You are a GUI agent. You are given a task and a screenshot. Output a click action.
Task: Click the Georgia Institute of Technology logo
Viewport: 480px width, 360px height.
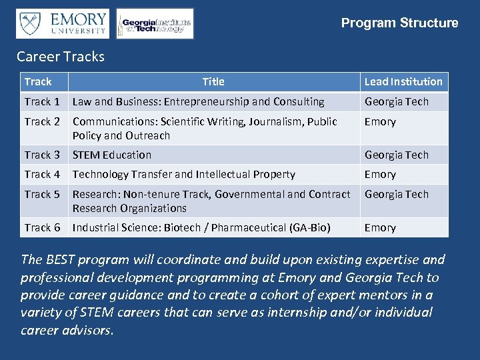click(x=155, y=24)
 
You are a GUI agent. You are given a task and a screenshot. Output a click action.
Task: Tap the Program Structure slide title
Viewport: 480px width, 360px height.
click(x=399, y=23)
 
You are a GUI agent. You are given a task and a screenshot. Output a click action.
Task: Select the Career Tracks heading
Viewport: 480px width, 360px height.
click(x=61, y=57)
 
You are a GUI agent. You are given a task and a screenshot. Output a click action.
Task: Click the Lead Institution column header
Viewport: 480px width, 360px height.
click(x=403, y=81)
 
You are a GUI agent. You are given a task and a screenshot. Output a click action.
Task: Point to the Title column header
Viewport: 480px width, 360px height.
click(x=213, y=81)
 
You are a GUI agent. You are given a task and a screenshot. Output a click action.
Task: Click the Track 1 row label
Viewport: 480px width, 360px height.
click(x=42, y=101)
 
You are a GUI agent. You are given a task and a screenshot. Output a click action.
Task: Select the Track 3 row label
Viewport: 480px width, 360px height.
click(x=42, y=155)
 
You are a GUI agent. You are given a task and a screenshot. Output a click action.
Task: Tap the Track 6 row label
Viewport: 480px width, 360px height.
click(x=42, y=227)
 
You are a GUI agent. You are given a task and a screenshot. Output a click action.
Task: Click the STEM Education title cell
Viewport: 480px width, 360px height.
click(x=112, y=155)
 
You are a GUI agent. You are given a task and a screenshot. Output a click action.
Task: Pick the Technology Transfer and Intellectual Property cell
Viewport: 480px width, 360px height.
click(x=183, y=174)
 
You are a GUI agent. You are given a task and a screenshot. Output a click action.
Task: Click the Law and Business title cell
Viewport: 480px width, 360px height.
click(x=198, y=101)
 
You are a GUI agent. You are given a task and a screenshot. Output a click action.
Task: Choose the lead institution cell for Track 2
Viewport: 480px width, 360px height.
click(x=380, y=121)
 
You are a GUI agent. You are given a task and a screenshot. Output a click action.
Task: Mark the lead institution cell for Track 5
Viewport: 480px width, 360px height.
click(x=396, y=194)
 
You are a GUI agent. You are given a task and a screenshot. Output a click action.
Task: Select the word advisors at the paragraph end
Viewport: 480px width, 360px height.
click(x=86, y=330)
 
